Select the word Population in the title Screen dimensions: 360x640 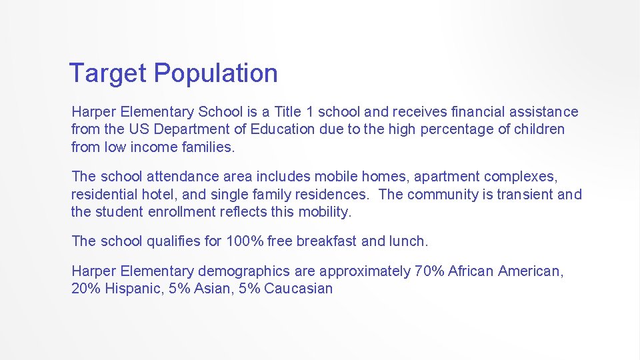pos(216,73)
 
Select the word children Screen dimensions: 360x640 pos(539,129)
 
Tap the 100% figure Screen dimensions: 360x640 pos(245,241)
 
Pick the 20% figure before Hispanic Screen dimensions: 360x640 pos(83,289)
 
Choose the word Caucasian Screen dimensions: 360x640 pos(298,289)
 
